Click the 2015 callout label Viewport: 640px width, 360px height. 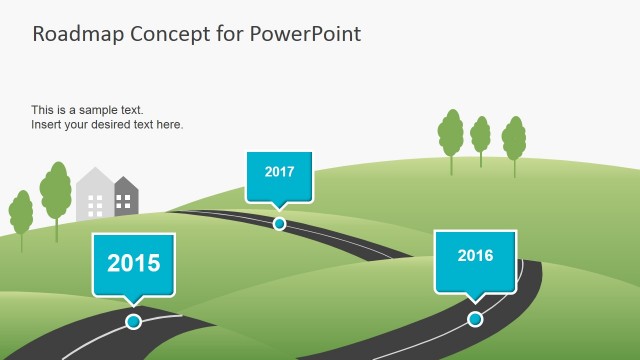coord(133,264)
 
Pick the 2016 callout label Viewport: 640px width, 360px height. coord(475,256)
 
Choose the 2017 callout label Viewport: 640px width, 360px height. coord(279,172)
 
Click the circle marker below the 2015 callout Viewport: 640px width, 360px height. coord(133,321)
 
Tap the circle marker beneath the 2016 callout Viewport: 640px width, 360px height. coord(475,319)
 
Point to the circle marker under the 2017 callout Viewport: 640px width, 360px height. coord(279,223)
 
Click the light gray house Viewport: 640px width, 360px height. coord(95,196)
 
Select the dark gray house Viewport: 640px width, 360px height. coord(127,197)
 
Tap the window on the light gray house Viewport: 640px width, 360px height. coord(96,205)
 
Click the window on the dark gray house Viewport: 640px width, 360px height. coord(125,202)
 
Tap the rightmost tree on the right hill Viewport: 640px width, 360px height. coord(514,140)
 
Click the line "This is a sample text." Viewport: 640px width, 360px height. coord(88,110)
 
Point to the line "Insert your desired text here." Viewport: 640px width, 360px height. coord(107,125)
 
